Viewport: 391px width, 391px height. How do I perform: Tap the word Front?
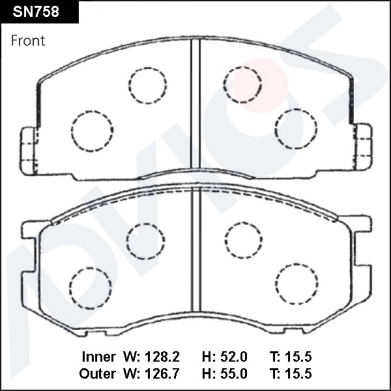pos(28,40)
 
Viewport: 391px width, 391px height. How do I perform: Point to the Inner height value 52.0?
pos(233,357)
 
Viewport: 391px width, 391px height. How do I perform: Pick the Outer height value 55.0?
pos(233,374)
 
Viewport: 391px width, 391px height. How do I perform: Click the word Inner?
pos(98,357)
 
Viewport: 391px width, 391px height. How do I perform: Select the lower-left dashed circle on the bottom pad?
pos(91,287)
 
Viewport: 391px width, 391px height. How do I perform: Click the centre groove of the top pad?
pos(194,108)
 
